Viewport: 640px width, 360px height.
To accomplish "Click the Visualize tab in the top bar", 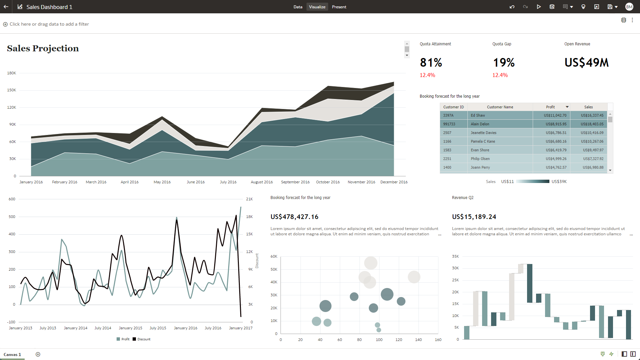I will point(317,7).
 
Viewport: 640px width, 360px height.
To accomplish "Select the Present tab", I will point(339,7).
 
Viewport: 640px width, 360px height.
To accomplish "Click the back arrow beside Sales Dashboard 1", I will point(6,7).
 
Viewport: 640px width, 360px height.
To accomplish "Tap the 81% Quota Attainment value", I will point(431,62).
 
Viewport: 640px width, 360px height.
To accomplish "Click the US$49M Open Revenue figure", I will point(586,62).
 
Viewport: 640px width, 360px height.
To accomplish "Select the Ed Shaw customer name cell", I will point(478,115).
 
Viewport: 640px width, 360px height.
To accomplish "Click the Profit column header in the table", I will point(550,107).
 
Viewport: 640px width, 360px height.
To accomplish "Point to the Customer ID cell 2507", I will point(447,133).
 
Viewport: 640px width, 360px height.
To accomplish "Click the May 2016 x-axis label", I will point(162,182).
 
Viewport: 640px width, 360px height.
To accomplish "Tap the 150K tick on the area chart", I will point(12,90).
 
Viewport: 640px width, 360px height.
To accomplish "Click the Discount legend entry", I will point(144,339).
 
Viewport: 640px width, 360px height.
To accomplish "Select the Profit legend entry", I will point(125,339).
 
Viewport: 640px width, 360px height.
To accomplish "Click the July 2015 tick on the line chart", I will point(158,328).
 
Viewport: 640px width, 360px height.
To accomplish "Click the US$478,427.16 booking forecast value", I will point(294,217).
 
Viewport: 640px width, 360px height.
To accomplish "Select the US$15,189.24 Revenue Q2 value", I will point(474,217).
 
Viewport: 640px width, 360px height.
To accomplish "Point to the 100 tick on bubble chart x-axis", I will point(379,340).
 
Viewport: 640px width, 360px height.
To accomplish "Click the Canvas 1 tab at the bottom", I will point(12,354).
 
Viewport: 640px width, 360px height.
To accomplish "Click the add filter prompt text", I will point(49,24).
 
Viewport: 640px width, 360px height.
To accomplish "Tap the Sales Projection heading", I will point(43,48).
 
